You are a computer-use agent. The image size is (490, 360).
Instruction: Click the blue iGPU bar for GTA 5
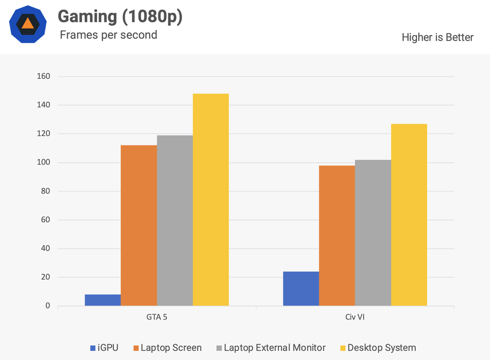click(x=102, y=300)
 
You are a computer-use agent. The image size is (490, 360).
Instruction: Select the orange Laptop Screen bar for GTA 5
click(x=139, y=225)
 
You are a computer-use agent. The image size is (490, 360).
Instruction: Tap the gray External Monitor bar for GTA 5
click(x=175, y=220)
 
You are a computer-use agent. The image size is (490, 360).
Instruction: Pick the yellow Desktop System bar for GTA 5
click(x=211, y=200)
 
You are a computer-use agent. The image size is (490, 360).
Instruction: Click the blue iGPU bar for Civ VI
click(x=301, y=288)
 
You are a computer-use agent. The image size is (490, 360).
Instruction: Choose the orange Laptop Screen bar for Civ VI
click(x=337, y=236)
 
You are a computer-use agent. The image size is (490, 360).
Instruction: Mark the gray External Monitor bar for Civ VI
click(x=373, y=233)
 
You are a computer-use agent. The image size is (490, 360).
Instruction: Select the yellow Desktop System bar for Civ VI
click(x=409, y=215)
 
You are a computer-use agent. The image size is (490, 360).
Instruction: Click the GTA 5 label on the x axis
click(x=157, y=317)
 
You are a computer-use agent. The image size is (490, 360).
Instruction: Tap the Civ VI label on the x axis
click(x=355, y=317)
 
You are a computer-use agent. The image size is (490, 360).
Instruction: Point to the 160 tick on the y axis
click(x=43, y=76)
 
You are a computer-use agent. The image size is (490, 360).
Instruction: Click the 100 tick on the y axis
click(x=43, y=162)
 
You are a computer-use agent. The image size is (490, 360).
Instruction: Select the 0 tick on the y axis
click(x=47, y=306)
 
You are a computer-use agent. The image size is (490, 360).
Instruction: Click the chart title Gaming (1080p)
click(x=120, y=17)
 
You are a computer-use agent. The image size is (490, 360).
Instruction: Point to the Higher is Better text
click(x=437, y=37)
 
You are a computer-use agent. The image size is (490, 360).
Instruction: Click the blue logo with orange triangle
click(x=28, y=24)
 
